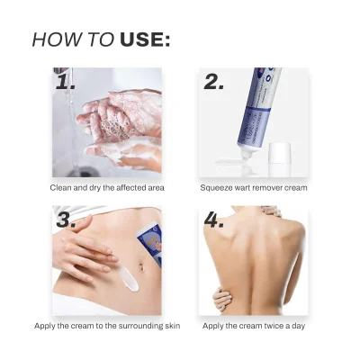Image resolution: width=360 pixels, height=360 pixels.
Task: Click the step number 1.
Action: point(65,82)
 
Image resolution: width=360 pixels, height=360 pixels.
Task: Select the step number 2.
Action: point(214,82)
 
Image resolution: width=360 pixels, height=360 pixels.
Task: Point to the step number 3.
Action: point(66,220)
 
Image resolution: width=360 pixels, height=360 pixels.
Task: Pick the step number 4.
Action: point(214,220)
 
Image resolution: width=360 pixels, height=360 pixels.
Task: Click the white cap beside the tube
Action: point(280,159)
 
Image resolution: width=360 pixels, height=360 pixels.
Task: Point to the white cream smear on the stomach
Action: point(130,279)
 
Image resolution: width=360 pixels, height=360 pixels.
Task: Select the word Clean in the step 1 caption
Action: point(60,188)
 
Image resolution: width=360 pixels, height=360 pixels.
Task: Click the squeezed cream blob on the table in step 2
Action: point(229,163)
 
